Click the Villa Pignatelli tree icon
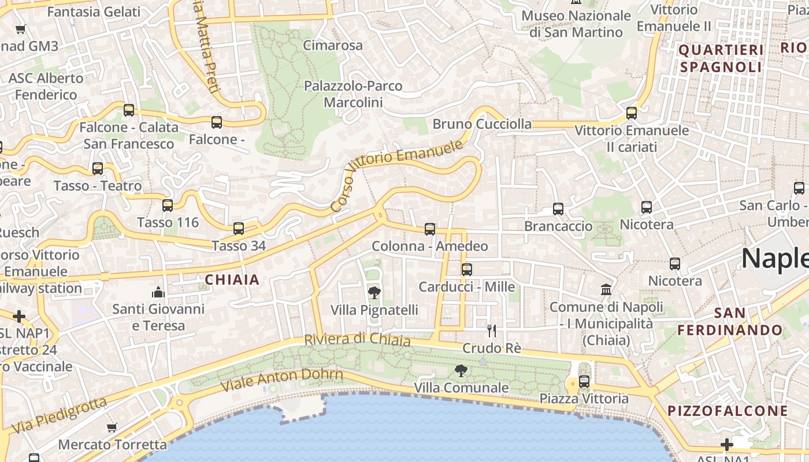point(374,292)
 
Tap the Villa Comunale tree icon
point(461,370)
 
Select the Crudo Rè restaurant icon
point(492,330)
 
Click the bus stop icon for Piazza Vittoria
point(584,381)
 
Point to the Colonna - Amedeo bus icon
point(429,229)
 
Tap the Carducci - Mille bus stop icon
point(466,269)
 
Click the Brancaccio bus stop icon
point(558,208)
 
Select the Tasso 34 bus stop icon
point(239,228)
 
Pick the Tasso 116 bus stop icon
point(168,205)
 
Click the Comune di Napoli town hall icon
point(606,289)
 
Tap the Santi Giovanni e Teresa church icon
point(158,292)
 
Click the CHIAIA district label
point(232,280)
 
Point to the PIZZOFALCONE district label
point(728,411)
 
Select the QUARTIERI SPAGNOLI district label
point(721,58)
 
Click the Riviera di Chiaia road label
point(357,340)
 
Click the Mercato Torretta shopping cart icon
point(112,428)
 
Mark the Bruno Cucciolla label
point(482,124)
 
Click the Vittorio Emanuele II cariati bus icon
point(631,113)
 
